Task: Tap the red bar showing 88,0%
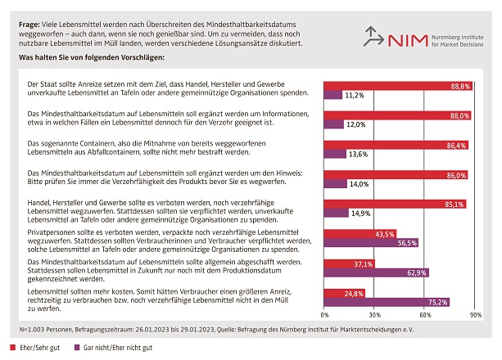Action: click(x=398, y=115)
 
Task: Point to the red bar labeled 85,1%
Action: click(x=396, y=204)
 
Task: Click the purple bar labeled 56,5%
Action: click(x=372, y=243)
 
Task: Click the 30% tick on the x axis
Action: click(x=375, y=314)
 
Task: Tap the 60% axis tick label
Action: click(x=426, y=314)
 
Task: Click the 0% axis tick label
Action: click(x=325, y=314)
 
